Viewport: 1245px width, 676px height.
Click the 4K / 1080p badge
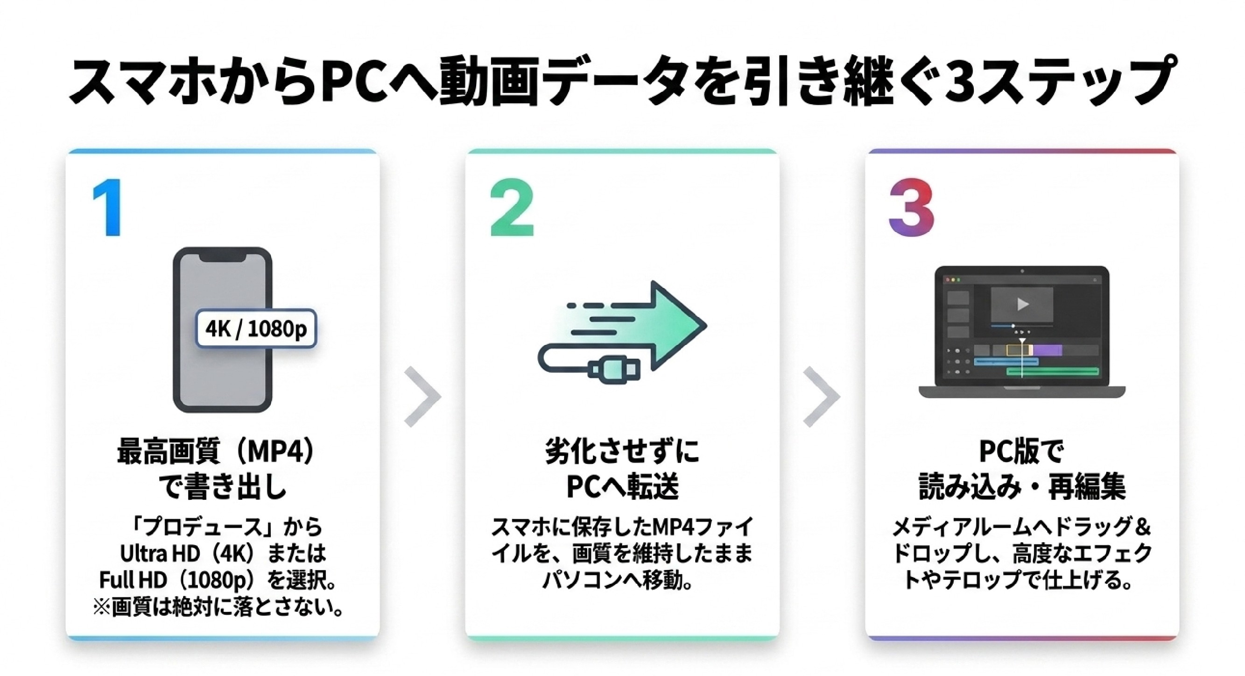pos(256,329)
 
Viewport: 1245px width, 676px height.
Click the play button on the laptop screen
pos(1023,304)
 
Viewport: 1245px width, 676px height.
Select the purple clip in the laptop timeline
pos(1048,349)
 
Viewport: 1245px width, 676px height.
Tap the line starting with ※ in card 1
pos(218,608)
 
